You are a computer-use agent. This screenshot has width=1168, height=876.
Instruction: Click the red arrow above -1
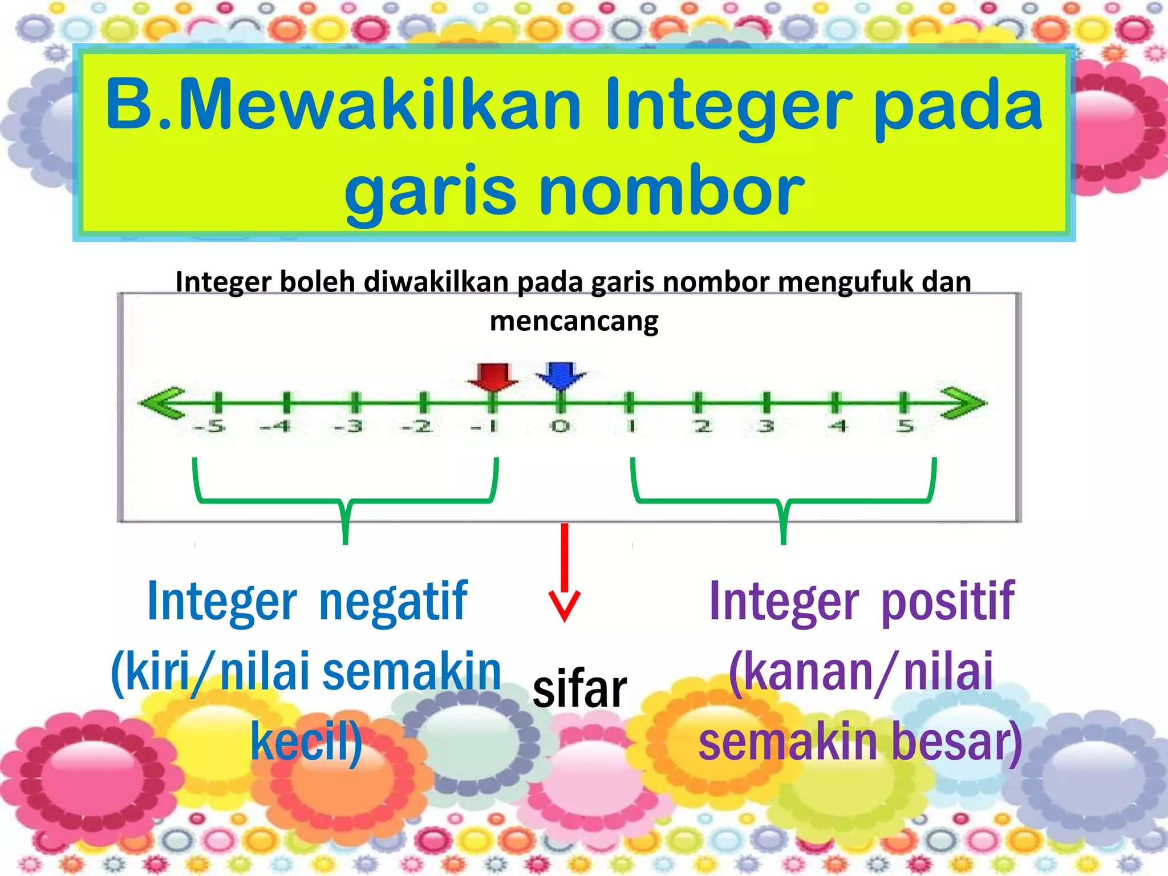point(493,377)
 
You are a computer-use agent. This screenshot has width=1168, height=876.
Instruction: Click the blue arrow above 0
point(561,375)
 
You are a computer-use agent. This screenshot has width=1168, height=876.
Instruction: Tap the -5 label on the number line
point(209,426)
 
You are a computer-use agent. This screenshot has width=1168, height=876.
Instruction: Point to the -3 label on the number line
point(348,426)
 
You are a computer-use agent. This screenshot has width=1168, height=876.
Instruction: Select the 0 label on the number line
point(560,426)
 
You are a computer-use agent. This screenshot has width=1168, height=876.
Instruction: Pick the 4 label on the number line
point(837,426)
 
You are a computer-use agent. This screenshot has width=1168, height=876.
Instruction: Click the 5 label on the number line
point(905,426)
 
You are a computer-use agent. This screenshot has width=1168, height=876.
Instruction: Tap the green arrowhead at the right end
point(963,403)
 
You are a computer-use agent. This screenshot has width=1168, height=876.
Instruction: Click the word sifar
point(579,690)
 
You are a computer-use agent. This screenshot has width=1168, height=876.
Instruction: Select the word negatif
point(394,602)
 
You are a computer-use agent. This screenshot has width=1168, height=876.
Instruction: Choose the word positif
point(948,602)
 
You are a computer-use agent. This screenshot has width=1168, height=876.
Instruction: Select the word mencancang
point(574,321)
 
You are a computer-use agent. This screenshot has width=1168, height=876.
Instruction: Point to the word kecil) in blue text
point(306,741)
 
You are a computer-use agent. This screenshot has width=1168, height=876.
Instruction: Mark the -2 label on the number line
point(417,426)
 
